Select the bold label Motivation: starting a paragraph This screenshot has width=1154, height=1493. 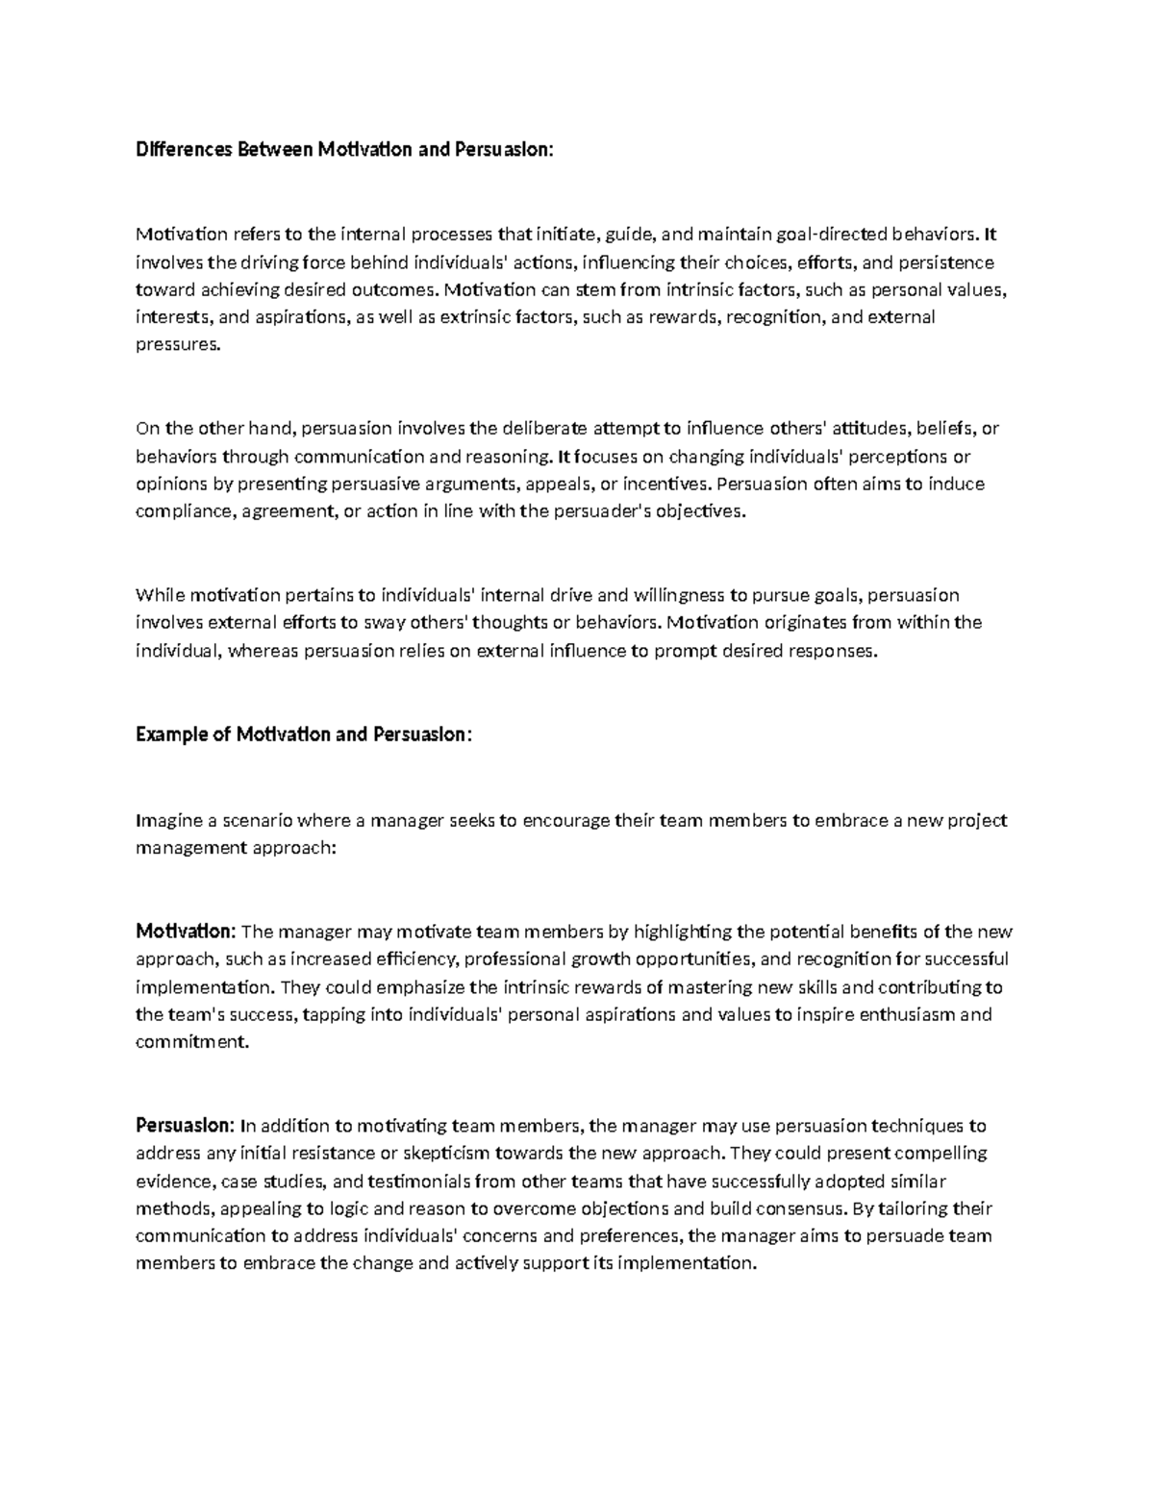185,932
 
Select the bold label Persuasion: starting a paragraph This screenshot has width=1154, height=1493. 184,1125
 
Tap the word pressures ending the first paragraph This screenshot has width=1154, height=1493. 178,345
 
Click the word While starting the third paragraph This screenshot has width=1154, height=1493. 158,595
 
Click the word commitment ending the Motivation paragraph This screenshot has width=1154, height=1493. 191,1042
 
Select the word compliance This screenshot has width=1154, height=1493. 183,511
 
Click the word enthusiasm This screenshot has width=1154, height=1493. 904,1014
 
